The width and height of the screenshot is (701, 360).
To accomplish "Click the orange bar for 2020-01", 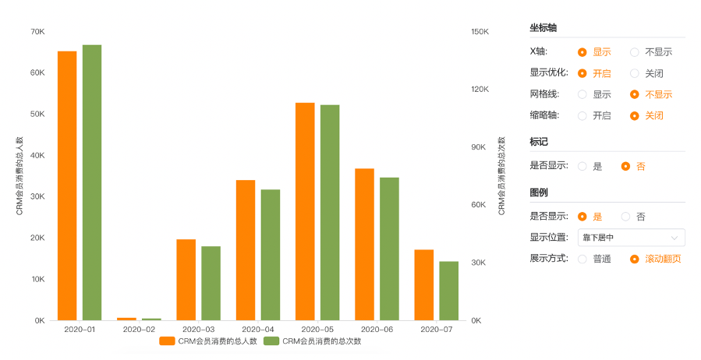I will pyautogui.click(x=67, y=185).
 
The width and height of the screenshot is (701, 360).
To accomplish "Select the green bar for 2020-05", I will pyautogui.click(x=330, y=212).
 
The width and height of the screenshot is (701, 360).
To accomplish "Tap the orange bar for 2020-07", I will pyautogui.click(x=424, y=284).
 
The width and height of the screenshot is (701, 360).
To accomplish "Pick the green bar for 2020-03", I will pyautogui.click(x=211, y=283).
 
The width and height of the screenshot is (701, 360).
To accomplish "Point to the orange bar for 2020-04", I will pyautogui.click(x=246, y=250).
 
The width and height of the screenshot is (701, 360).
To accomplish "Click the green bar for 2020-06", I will pyautogui.click(x=389, y=249).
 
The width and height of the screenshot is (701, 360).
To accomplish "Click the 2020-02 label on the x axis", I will pyautogui.click(x=139, y=330).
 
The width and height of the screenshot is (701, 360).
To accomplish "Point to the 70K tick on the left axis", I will pyautogui.click(x=37, y=32).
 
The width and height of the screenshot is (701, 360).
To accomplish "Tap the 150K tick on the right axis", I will pyautogui.click(x=480, y=32).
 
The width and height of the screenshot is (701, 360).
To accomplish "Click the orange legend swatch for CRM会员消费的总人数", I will pyautogui.click(x=167, y=341).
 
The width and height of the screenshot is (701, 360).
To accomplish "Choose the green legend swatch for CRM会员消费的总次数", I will pyautogui.click(x=271, y=341).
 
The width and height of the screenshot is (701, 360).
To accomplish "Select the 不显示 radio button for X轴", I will pyautogui.click(x=635, y=52).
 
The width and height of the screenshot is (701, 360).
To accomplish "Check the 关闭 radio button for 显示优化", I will pyautogui.click(x=635, y=73).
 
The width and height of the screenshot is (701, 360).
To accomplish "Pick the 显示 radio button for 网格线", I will pyautogui.click(x=582, y=94).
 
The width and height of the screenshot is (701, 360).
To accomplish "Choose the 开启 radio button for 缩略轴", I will pyautogui.click(x=582, y=115).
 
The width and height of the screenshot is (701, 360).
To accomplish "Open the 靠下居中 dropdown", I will pyautogui.click(x=631, y=238).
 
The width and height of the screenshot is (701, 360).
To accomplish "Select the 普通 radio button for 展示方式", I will pyautogui.click(x=582, y=259).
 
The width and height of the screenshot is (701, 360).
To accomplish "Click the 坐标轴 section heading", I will pyautogui.click(x=543, y=28).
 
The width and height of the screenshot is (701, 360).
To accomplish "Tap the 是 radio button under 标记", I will pyautogui.click(x=582, y=166).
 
